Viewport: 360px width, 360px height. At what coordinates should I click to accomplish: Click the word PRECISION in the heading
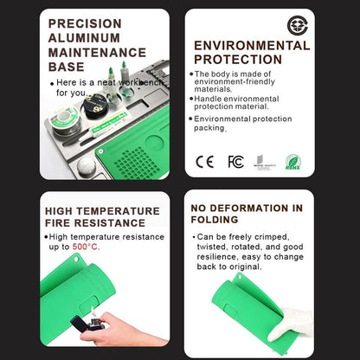point(84,24)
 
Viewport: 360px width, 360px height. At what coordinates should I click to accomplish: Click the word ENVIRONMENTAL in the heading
point(252,45)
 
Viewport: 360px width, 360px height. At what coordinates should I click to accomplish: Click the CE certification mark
point(205,160)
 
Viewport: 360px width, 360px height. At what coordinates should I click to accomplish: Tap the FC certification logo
point(235,160)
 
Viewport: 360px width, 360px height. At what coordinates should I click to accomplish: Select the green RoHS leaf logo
point(293,161)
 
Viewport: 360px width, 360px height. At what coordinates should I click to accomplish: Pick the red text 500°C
point(86,247)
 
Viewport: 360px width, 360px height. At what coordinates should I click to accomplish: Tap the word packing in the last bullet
point(209,127)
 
